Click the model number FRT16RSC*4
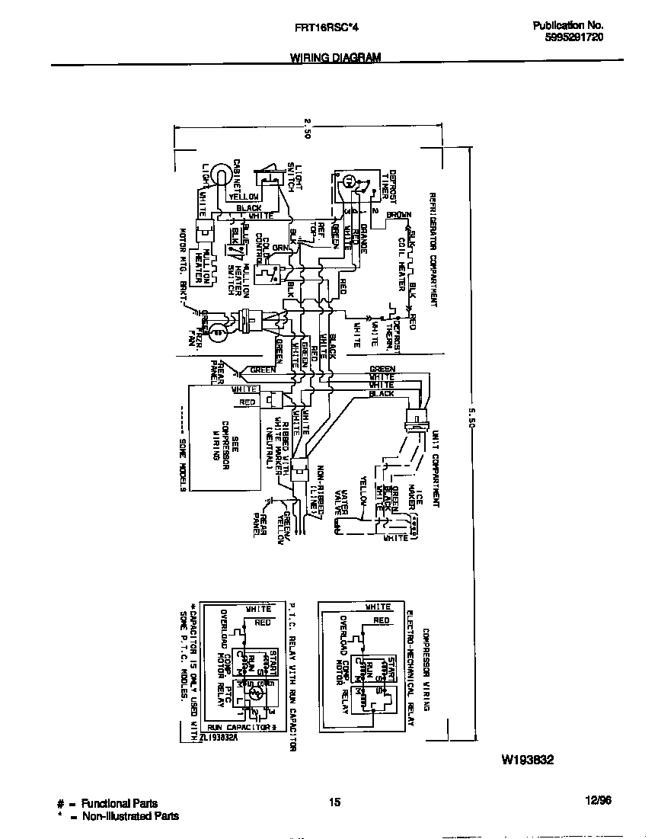coord(326,27)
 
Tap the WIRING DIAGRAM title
coord(335,58)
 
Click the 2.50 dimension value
coord(307,126)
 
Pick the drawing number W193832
coord(527,760)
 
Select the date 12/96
coord(598,800)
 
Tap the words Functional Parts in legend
coord(120,803)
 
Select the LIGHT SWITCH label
coord(294,177)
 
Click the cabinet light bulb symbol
coord(220,176)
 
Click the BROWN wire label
coord(398,215)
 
